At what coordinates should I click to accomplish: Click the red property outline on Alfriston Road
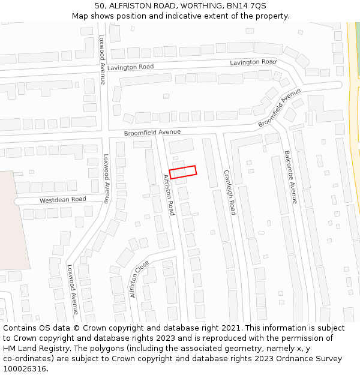click(x=183, y=172)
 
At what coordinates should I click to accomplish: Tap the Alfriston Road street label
click(x=169, y=195)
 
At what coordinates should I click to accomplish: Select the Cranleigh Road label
click(x=229, y=192)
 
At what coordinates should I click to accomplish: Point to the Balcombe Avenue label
click(x=290, y=176)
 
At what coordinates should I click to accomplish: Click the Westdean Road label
click(x=63, y=200)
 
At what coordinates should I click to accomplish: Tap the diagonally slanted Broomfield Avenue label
click(x=279, y=107)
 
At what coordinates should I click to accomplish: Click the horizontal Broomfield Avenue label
click(x=152, y=132)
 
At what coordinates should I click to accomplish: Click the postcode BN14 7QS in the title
click(x=247, y=5)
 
